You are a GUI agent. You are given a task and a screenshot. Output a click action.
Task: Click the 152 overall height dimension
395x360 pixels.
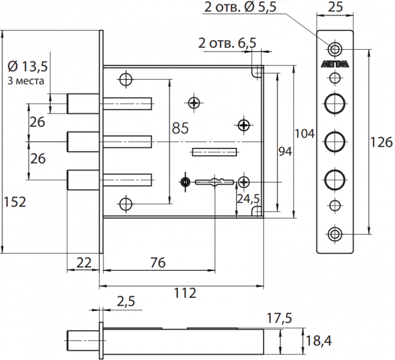pyautogui.click(x=15, y=201)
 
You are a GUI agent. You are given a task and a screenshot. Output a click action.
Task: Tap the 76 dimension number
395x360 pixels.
pyautogui.click(x=159, y=262)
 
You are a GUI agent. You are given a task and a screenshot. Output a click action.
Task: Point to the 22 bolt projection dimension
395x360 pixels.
pyautogui.click(x=84, y=262)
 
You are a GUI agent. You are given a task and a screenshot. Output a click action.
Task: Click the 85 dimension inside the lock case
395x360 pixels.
pyautogui.click(x=179, y=129)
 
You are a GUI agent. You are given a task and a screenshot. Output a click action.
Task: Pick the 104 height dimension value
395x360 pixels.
pyautogui.click(x=305, y=134)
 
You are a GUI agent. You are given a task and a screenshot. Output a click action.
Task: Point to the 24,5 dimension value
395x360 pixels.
pyautogui.click(x=248, y=199)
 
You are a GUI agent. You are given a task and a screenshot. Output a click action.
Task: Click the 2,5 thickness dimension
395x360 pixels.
pyautogui.click(x=126, y=302)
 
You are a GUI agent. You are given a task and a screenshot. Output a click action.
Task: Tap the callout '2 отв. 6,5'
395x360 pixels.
pyautogui.click(x=227, y=43)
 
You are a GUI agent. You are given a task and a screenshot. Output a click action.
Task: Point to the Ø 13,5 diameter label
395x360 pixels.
pyautogui.click(x=29, y=67)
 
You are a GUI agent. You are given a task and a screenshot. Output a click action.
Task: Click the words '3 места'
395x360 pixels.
pyautogui.click(x=27, y=81)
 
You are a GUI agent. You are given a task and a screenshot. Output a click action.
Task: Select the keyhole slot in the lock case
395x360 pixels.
pyautogui.click(x=214, y=182)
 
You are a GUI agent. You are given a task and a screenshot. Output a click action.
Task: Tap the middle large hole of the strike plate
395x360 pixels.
pyautogui.click(x=335, y=141)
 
